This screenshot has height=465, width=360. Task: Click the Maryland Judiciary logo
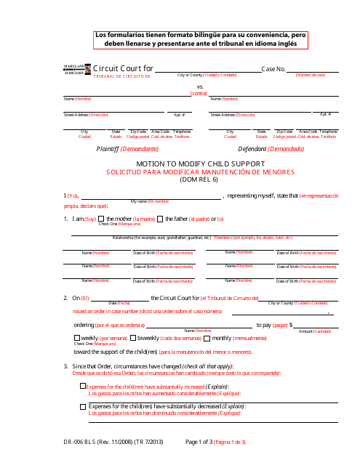(76, 68)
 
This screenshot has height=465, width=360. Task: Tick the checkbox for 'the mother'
(102, 219)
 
